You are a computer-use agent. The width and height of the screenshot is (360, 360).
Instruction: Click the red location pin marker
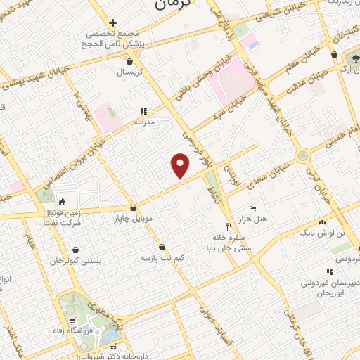coord(181,166)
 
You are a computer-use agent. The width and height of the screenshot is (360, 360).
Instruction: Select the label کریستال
coord(129,72)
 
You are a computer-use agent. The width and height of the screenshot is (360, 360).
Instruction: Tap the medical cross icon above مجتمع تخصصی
coord(112,23)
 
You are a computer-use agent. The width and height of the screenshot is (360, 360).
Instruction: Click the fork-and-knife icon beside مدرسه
coord(143,110)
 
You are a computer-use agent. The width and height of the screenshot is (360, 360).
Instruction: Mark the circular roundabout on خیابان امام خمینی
coord(303,155)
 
